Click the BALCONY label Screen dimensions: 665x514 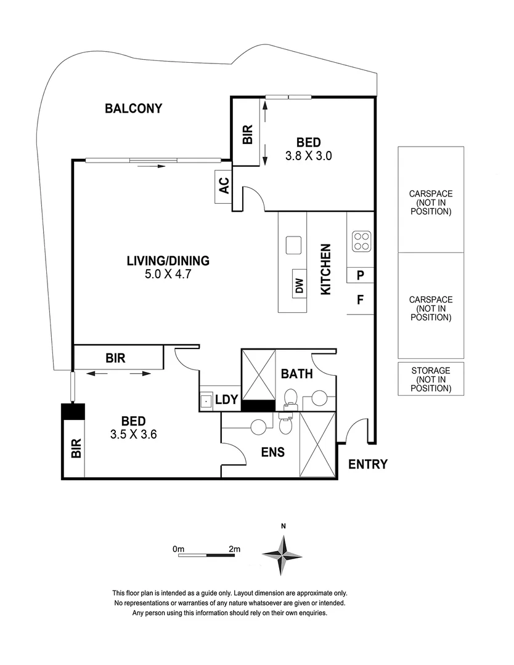click(133, 109)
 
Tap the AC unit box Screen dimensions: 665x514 click(223, 186)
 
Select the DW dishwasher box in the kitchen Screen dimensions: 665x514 click(300, 284)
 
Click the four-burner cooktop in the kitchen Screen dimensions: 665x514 click(361, 241)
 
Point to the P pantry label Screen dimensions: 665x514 click(361, 276)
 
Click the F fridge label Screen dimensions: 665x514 click(361, 300)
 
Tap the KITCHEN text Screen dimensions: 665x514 click(326, 269)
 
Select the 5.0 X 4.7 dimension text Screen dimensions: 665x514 click(168, 275)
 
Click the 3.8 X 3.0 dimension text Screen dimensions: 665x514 click(308, 156)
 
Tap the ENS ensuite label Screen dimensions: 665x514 click(272, 452)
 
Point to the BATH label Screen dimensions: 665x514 click(297, 374)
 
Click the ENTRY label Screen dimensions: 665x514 click(368, 464)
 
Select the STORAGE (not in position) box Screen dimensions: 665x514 click(431, 379)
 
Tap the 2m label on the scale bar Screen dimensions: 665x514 click(234, 549)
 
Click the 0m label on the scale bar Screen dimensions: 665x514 click(179, 549)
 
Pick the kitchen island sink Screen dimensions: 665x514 click(293, 245)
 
